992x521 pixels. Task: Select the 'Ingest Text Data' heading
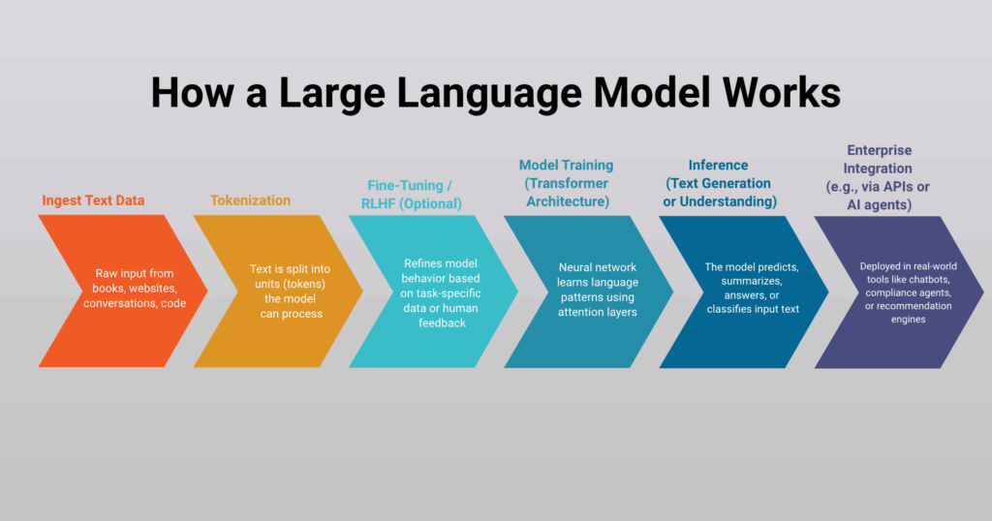click(93, 200)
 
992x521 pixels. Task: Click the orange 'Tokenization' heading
click(250, 200)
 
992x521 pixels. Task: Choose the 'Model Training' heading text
click(567, 166)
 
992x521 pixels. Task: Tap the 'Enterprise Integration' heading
click(878, 160)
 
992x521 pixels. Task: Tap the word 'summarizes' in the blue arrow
click(753, 283)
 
